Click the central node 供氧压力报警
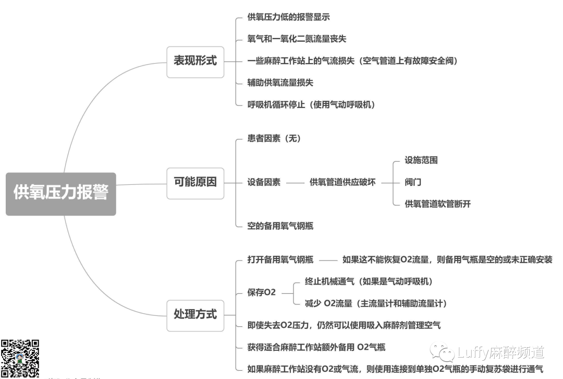point(61,194)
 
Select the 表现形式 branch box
point(195,61)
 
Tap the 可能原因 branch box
point(195,182)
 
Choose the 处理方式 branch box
point(195,314)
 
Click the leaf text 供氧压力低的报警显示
point(288,17)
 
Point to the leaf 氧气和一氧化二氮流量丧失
point(297,39)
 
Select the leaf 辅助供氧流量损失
point(280,82)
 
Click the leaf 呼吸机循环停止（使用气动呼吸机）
point(311,104)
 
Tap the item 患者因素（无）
point(274,139)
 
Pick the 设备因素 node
point(264,182)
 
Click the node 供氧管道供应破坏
point(342,182)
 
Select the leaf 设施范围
point(421,160)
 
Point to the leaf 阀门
point(413,182)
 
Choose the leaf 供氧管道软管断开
point(437,204)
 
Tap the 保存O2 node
point(262,292)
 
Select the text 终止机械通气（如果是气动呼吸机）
point(369,281)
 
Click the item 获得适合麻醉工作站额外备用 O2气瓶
point(316,347)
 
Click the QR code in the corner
point(20,359)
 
